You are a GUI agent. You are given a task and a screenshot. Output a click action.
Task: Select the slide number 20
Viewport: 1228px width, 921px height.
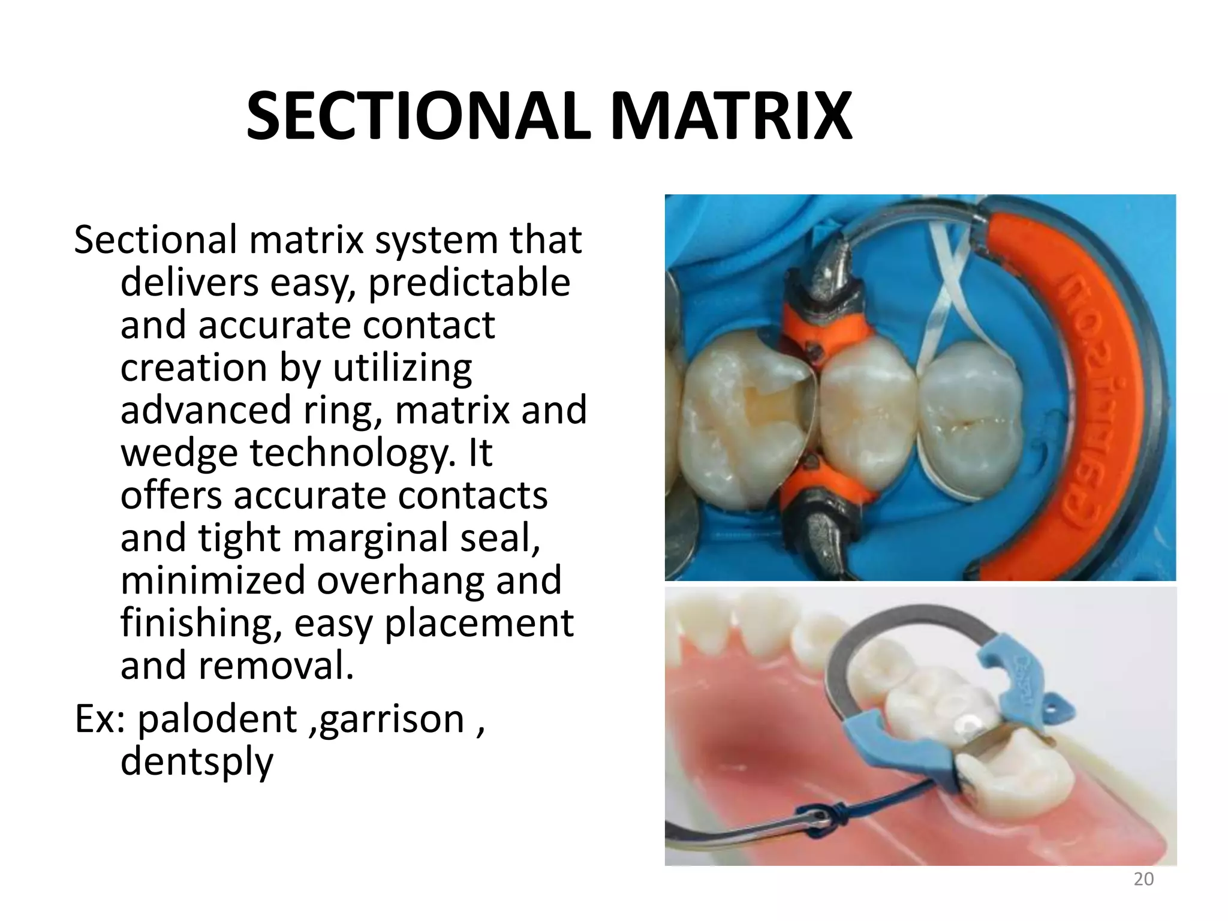(1143, 879)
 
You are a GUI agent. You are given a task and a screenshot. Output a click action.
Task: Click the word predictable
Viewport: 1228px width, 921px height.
(469, 283)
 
